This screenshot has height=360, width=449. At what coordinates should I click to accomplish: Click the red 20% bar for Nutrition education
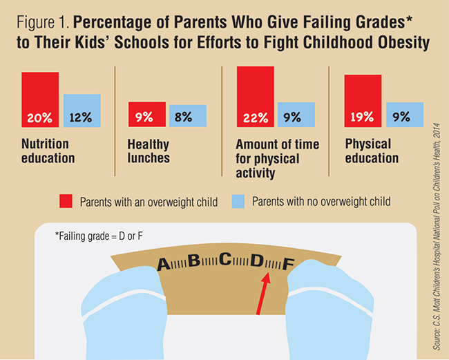(40, 100)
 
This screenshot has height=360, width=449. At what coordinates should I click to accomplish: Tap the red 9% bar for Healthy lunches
(147, 115)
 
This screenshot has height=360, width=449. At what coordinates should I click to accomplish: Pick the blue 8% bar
(187, 116)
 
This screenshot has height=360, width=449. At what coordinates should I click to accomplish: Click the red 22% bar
(256, 97)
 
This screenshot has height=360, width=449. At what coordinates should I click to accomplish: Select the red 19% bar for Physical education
(363, 101)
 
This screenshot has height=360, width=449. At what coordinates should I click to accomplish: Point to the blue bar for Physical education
(404, 115)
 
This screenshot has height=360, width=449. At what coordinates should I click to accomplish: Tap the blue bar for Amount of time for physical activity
(296, 115)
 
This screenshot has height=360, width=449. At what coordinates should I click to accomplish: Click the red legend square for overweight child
(66, 202)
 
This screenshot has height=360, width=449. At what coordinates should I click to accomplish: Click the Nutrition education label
(48, 151)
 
